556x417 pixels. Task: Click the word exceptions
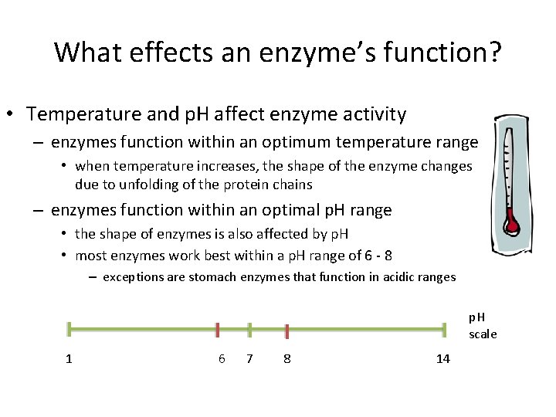(x=132, y=276)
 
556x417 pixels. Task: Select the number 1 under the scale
(x=69, y=359)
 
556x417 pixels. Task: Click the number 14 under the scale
(x=442, y=359)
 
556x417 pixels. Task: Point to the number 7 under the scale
(x=249, y=359)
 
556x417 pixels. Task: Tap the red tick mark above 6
(x=219, y=331)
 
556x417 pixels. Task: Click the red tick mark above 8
(x=286, y=331)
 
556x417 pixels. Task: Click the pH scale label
(x=483, y=326)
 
